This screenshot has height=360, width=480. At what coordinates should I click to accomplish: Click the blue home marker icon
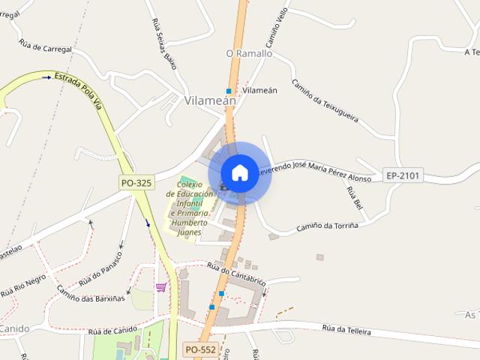239,172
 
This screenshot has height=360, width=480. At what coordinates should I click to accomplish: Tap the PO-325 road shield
135,182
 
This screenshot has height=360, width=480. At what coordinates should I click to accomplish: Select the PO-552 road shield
199,349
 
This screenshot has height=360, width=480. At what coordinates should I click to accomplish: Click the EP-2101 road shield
403,175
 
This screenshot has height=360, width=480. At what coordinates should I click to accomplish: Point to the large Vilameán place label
210,100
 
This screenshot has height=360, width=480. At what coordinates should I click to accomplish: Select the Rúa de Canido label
112,331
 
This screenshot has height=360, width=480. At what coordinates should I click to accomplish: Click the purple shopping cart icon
160,286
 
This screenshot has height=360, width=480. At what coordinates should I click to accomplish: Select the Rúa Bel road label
353,197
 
